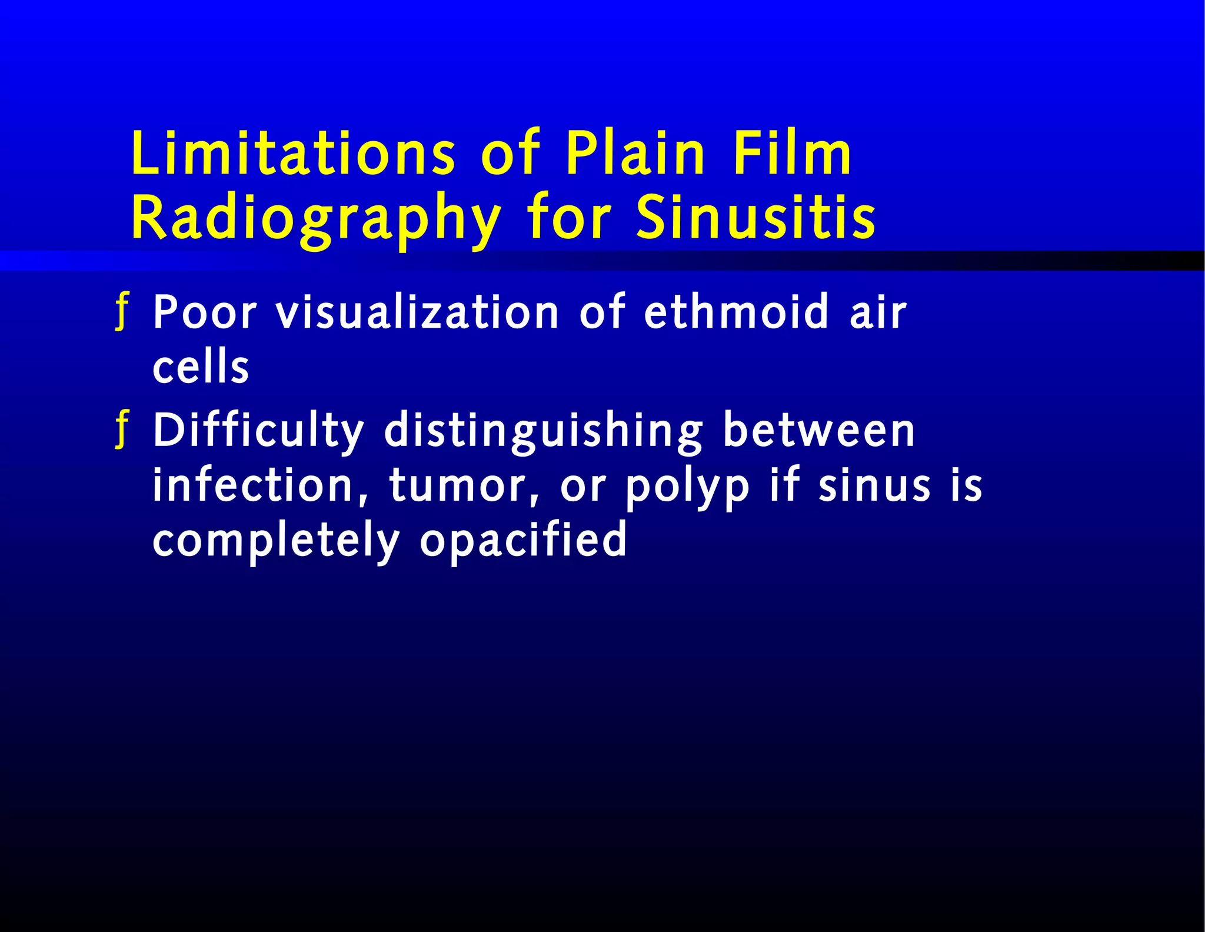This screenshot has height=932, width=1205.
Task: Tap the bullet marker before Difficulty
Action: tap(122, 430)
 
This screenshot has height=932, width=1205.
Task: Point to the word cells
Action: tap(201, 366)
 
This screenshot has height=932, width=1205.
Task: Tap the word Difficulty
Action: tap(258, 431)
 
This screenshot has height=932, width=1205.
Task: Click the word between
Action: tap(818, 431)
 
